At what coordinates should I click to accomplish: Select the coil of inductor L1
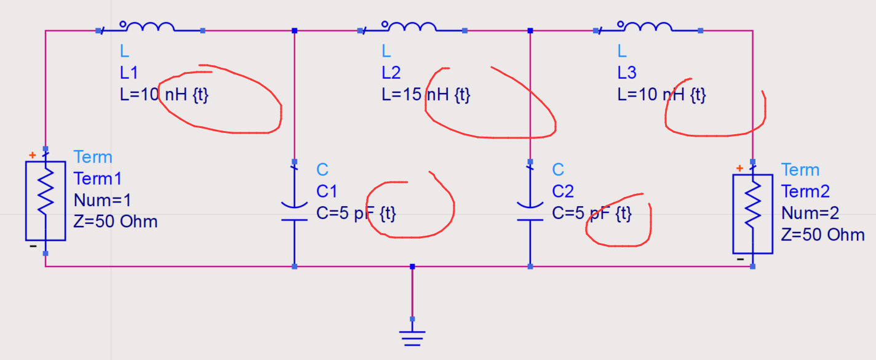pyautogui.click(x=149, y=27)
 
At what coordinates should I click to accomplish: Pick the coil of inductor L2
pyautogui.click(x=411, y=27)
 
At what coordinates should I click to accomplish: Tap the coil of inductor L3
pyautogui.click(x=646, y=27)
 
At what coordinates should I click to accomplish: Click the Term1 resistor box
pyautogui.click(x=45, y=201)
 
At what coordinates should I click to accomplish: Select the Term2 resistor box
pyautogui.click(x=752, y=214)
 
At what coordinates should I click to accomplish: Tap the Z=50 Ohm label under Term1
pyautogui.click(x=116, y=222)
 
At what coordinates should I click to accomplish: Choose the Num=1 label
pyautogui.click(x=102, y=200)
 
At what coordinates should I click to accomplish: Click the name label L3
pyautogui.click(x=627, y=73)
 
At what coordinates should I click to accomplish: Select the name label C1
pyautogui.click(x=327, y=191)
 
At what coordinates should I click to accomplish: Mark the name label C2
pyautogui.click(x=562, y=191)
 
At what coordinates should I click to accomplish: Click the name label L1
pyautogui.click(x=129, y=73)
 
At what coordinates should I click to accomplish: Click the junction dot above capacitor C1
pyautogui.click(x=295, y=30)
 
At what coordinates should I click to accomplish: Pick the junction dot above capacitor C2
pyautogui.click(x=530, y=30)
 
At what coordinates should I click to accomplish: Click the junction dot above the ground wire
pyautogui.click(x=412, y=266)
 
